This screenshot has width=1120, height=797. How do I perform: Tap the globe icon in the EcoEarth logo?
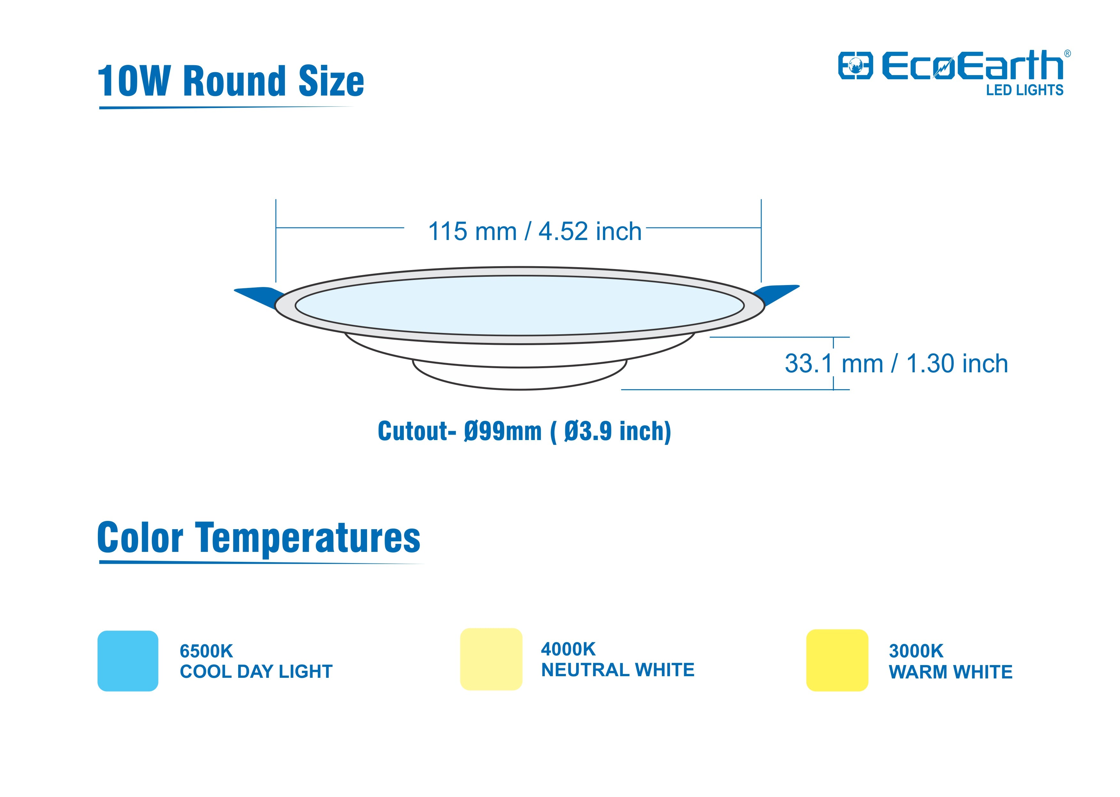coord(855,66)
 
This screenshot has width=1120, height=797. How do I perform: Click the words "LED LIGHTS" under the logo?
coord(1025,90)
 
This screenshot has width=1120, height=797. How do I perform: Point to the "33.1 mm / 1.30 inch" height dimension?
coord(896,364)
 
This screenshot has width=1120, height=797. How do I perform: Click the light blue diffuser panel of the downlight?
coord(520,305)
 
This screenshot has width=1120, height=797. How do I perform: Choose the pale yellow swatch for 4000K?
coord(491,659)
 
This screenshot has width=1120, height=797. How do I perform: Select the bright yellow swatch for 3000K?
coord(837,660)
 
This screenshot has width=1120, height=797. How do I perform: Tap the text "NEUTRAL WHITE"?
coord(618,670)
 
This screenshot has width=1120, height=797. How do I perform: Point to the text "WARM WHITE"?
coord(951,672)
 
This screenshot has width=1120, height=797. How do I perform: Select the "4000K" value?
coord(568,649)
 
